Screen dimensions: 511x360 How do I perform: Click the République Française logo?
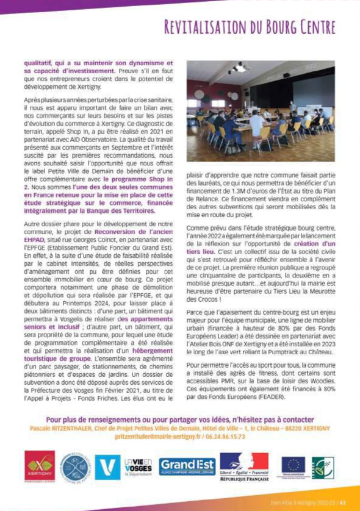[x=244, y=467]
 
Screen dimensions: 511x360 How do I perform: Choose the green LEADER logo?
[x=322, y=467]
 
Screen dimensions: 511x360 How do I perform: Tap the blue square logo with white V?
[x=109, y=467]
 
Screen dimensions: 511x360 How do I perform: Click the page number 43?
[x=343, y=502]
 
